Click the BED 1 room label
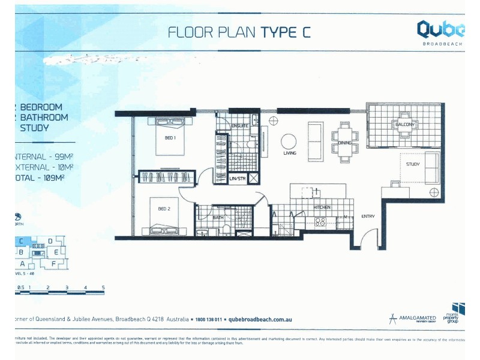click(x=169, y=137)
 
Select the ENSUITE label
click(x=240, y=126)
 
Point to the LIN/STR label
click(x=238, y=179)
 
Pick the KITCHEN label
click(x=322, y=207)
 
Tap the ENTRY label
click(x=367, y=216)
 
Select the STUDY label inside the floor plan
click(x=413, y=164)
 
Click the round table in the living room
click(x=289, y=142)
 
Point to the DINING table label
click(x=344, y=143)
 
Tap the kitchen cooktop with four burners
click(x=321, y=221)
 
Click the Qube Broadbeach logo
click(x=441, y=31)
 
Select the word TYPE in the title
click(x=278, y=32)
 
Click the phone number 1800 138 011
click(x=205, y=320)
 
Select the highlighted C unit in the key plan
click(x=21, y=242)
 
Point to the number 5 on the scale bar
click(x=103, y=288)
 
